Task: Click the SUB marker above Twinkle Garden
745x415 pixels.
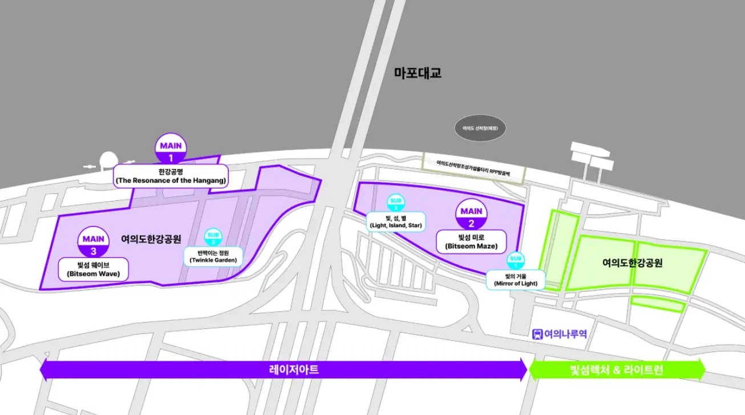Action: [x=213, y=237]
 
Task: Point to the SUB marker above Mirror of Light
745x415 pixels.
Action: [x=516, y=261]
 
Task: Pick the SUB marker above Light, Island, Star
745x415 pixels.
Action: [x=395, y=203]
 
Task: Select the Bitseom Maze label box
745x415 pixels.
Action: [x=471, y=241]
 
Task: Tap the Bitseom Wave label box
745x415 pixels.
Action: [x=94, y=269]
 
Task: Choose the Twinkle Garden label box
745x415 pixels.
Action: [x=213, y=256]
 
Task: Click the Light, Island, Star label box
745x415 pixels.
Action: [x=395, y=221]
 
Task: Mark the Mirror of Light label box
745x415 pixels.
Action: [x=516, y=279]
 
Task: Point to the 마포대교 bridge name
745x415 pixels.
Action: [x=418, y=73]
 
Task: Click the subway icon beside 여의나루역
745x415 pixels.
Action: [x=537, y=334]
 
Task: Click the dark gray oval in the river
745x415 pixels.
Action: [x=480, y=128]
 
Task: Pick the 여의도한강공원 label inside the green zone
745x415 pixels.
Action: [x=632, y=263]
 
